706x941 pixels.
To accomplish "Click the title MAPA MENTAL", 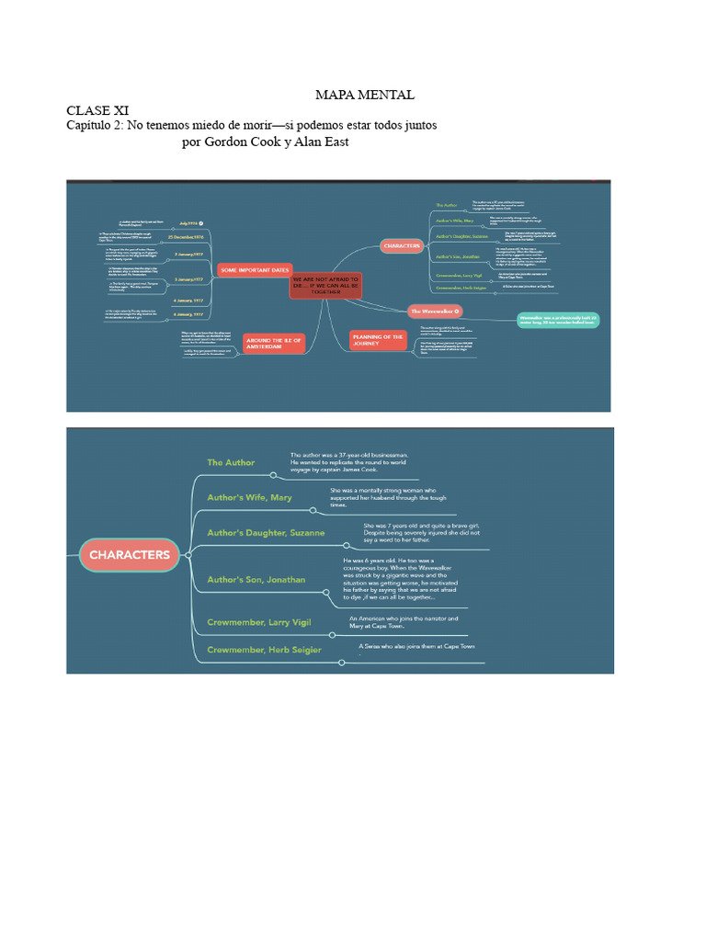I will tap(364, 95).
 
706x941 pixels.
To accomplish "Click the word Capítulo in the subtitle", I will tap(94, 125).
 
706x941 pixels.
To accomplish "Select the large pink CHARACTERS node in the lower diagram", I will tap(130, 554).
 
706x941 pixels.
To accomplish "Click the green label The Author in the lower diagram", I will tap(231, 462).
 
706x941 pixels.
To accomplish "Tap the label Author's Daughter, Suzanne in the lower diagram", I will tap(265, 532).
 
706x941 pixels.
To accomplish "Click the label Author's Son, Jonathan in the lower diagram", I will tap(256, 579).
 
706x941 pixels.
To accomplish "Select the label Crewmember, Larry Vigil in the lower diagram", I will tap(258, 622).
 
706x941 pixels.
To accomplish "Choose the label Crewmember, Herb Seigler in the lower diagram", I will tap(264, 650).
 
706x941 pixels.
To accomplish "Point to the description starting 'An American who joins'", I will tap(403, 622).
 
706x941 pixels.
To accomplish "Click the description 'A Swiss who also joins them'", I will tap(416, 646).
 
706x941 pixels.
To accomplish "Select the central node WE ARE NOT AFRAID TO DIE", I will tap(326, 286).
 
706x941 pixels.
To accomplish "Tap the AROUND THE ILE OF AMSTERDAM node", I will tap(274, 343).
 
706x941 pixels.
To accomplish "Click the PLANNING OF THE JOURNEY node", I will tap(377, 340).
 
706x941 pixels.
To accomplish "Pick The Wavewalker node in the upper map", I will tap(435, 312).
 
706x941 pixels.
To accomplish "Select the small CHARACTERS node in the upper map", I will tap(402, 245).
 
